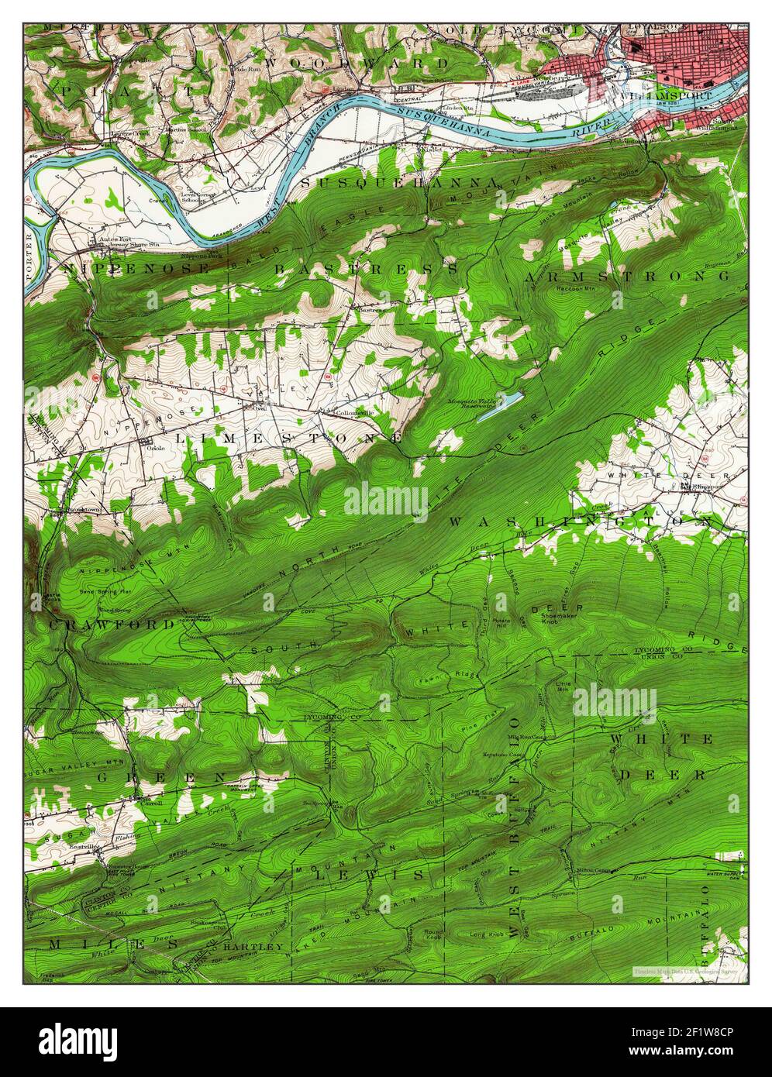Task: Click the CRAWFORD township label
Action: click(x=113, y=624)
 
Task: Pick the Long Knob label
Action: click(x=487, y=934)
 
